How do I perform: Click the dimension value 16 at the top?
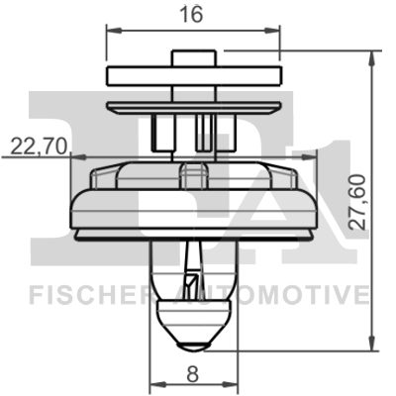(x=191, y=17)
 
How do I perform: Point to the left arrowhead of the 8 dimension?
(x=151, y=387)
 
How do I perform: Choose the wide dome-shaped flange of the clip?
(x=191, y=203)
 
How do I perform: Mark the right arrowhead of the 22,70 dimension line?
(x=71, y=158)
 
